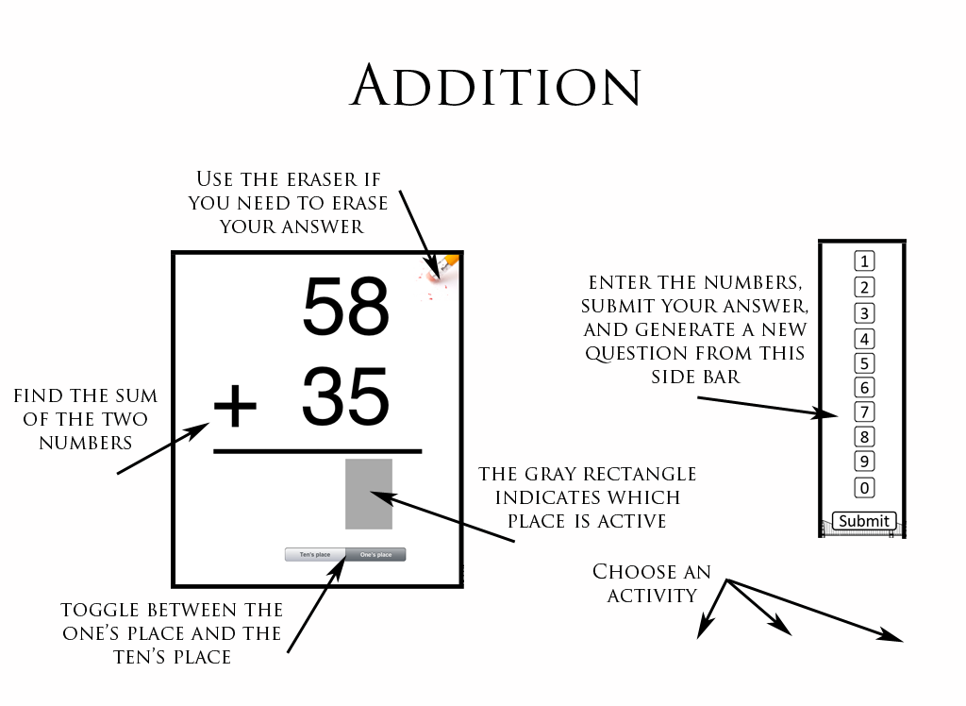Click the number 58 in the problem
coord(346,306)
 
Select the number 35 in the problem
coord(345,397)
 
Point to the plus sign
coord(235,406)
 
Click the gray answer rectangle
coord(369,494)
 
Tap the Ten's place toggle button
coord(315,555)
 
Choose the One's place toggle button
coord(375,555)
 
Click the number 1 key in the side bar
coord(863,261)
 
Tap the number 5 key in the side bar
coord(863,363)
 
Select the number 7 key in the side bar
coord(863,412)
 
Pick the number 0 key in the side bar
coord(863,488)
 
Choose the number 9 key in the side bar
coord(863,462)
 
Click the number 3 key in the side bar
coord(863,313)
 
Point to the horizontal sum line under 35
coord(317,452)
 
